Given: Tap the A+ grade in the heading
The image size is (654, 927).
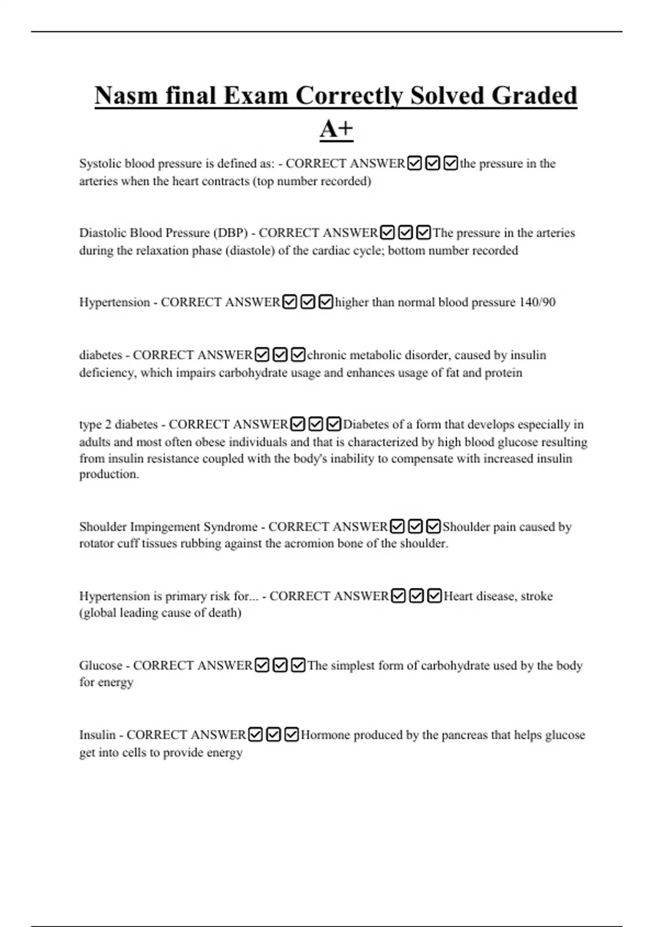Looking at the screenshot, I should coord(336,129).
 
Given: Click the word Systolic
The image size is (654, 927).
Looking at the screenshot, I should coord(100,164).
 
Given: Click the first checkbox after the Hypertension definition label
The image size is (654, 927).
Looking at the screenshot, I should coord(290,302).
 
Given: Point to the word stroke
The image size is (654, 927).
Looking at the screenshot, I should coord(537,596).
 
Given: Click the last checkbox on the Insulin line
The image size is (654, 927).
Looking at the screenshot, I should coord(292,735).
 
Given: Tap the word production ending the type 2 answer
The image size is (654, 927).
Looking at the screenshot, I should coord(109,474).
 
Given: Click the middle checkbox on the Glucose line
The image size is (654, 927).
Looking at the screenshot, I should coord(280,665).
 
